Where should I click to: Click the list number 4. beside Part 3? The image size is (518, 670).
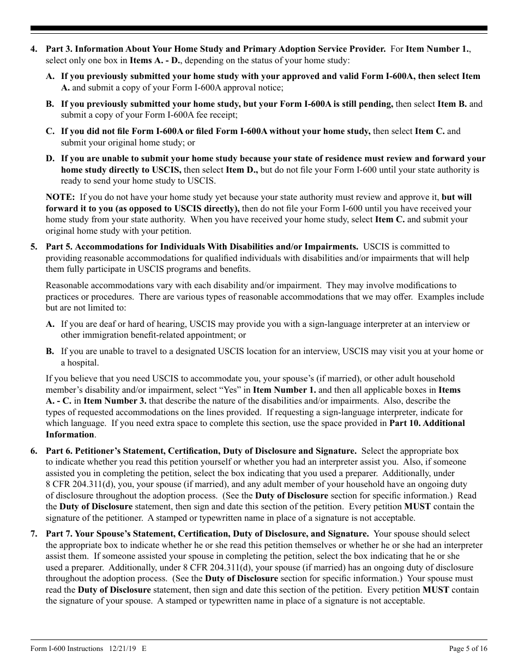click(34, 49)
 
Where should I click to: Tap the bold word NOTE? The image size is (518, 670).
click(61, 197)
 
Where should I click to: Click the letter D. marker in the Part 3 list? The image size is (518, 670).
click(50, 159)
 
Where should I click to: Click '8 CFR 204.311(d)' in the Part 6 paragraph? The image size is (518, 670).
click(79, 485)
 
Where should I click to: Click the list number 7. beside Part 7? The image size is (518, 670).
click(34, 534)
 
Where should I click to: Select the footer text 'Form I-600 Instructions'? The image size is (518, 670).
click(67, 648)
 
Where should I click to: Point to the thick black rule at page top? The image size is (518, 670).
click(259, 28)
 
